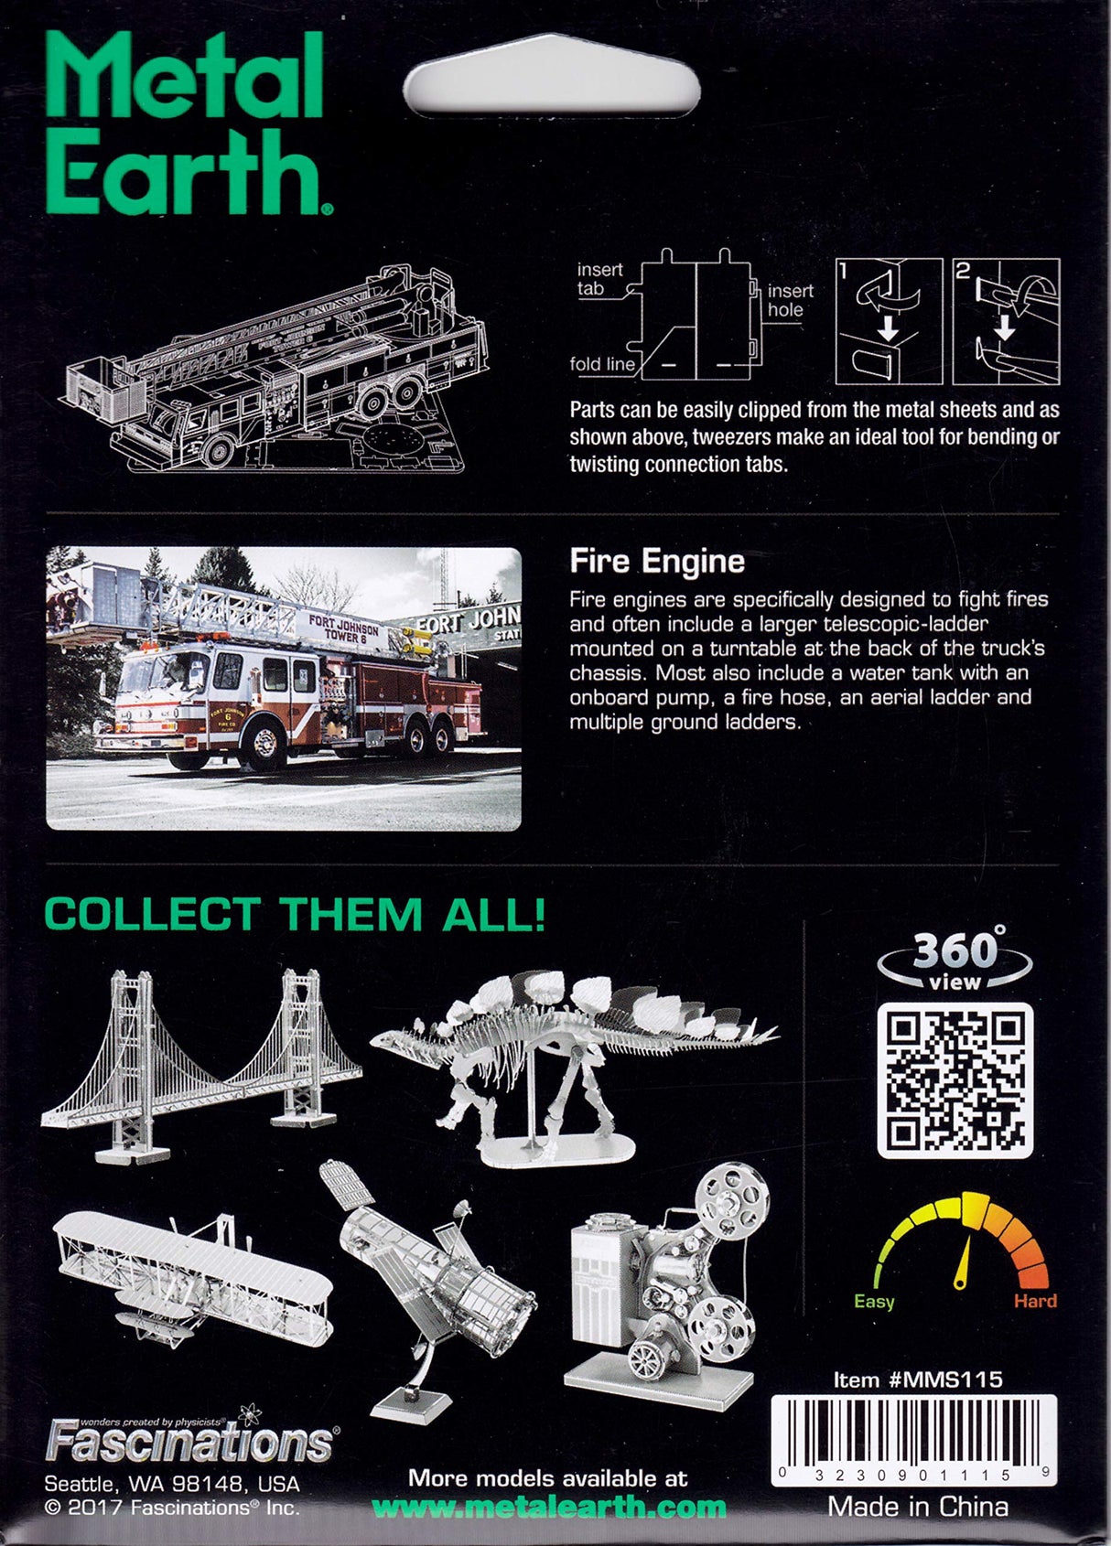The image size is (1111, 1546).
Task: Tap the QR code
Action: pos(955,1080)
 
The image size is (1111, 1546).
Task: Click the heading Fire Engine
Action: pos(657,561)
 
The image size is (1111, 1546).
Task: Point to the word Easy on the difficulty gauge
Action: pos(873,1302)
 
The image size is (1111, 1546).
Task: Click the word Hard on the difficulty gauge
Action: pos(1035,1301)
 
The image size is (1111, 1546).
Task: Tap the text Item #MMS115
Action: pos(918,1380)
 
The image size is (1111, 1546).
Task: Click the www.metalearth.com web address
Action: pos(549,1508)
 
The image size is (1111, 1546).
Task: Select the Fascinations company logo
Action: pos(190,1440)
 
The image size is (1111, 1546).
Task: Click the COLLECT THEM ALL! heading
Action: pos(295,915)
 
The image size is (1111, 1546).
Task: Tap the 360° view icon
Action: pos(955,960)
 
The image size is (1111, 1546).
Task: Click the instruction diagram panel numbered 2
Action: pos(1006,321)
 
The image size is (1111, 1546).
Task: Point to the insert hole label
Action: pos(790,300)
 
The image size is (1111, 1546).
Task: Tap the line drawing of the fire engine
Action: pos(275,366)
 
